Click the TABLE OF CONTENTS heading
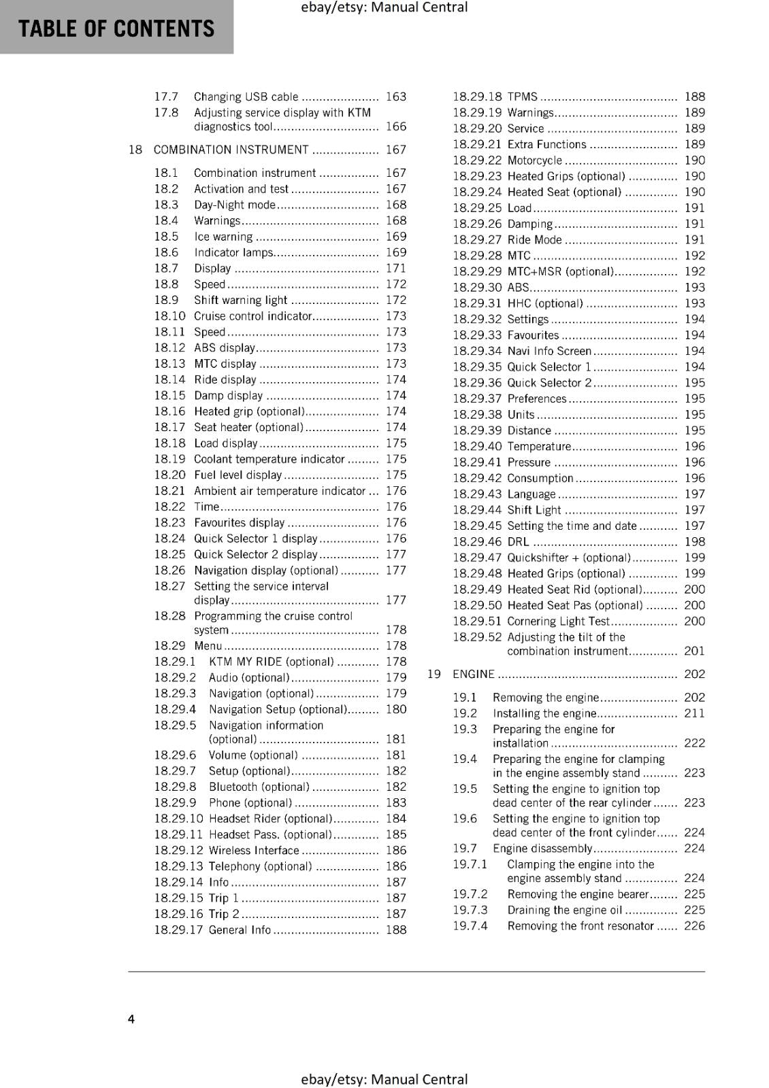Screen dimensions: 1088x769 pyautogui.click(x=116, y=29)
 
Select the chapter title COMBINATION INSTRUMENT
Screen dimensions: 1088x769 pyautogui.click(x=231, y=150)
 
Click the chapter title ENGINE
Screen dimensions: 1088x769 pyautogui.click(x=473, y=674)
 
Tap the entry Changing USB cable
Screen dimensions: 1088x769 pyautogui.click(x=246, y=97)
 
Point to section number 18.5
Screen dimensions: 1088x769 pyautogui.click(x=166, y=237)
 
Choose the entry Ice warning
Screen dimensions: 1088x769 pyautogui.click(x=223, y=237)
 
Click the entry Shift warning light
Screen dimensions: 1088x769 pyautogui.click(x=240, y=300)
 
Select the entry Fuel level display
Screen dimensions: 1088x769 pyautogui.click(x=238, y=475)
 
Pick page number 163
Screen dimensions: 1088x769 pyautogui.click(x=395, y=97)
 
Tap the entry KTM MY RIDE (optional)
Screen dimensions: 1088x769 pyautogui.click(x=271, y=662)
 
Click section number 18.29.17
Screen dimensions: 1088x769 pyautogui.click(x=178, y=930)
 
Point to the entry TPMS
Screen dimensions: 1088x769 pyautogui.click(x=522, y=97)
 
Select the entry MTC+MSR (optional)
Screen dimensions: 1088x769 pyautogui.click(x=560, y=271)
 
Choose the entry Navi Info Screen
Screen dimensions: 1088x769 pyautogui.click(x=549, y=351)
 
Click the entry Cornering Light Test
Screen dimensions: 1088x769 pyautogui.click(x=558, y=621)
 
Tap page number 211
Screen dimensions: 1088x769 pyautogui.click(x=694, y=713)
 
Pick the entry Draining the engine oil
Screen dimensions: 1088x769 pyautogui.click(x=564, y=910)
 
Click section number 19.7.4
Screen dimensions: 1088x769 pyautogui.click(x=470, y=925)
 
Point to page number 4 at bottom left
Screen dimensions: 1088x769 pyautogui.click(x=131, y=1019)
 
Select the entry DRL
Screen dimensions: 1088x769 pyautogui.click(x=518, y=542)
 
